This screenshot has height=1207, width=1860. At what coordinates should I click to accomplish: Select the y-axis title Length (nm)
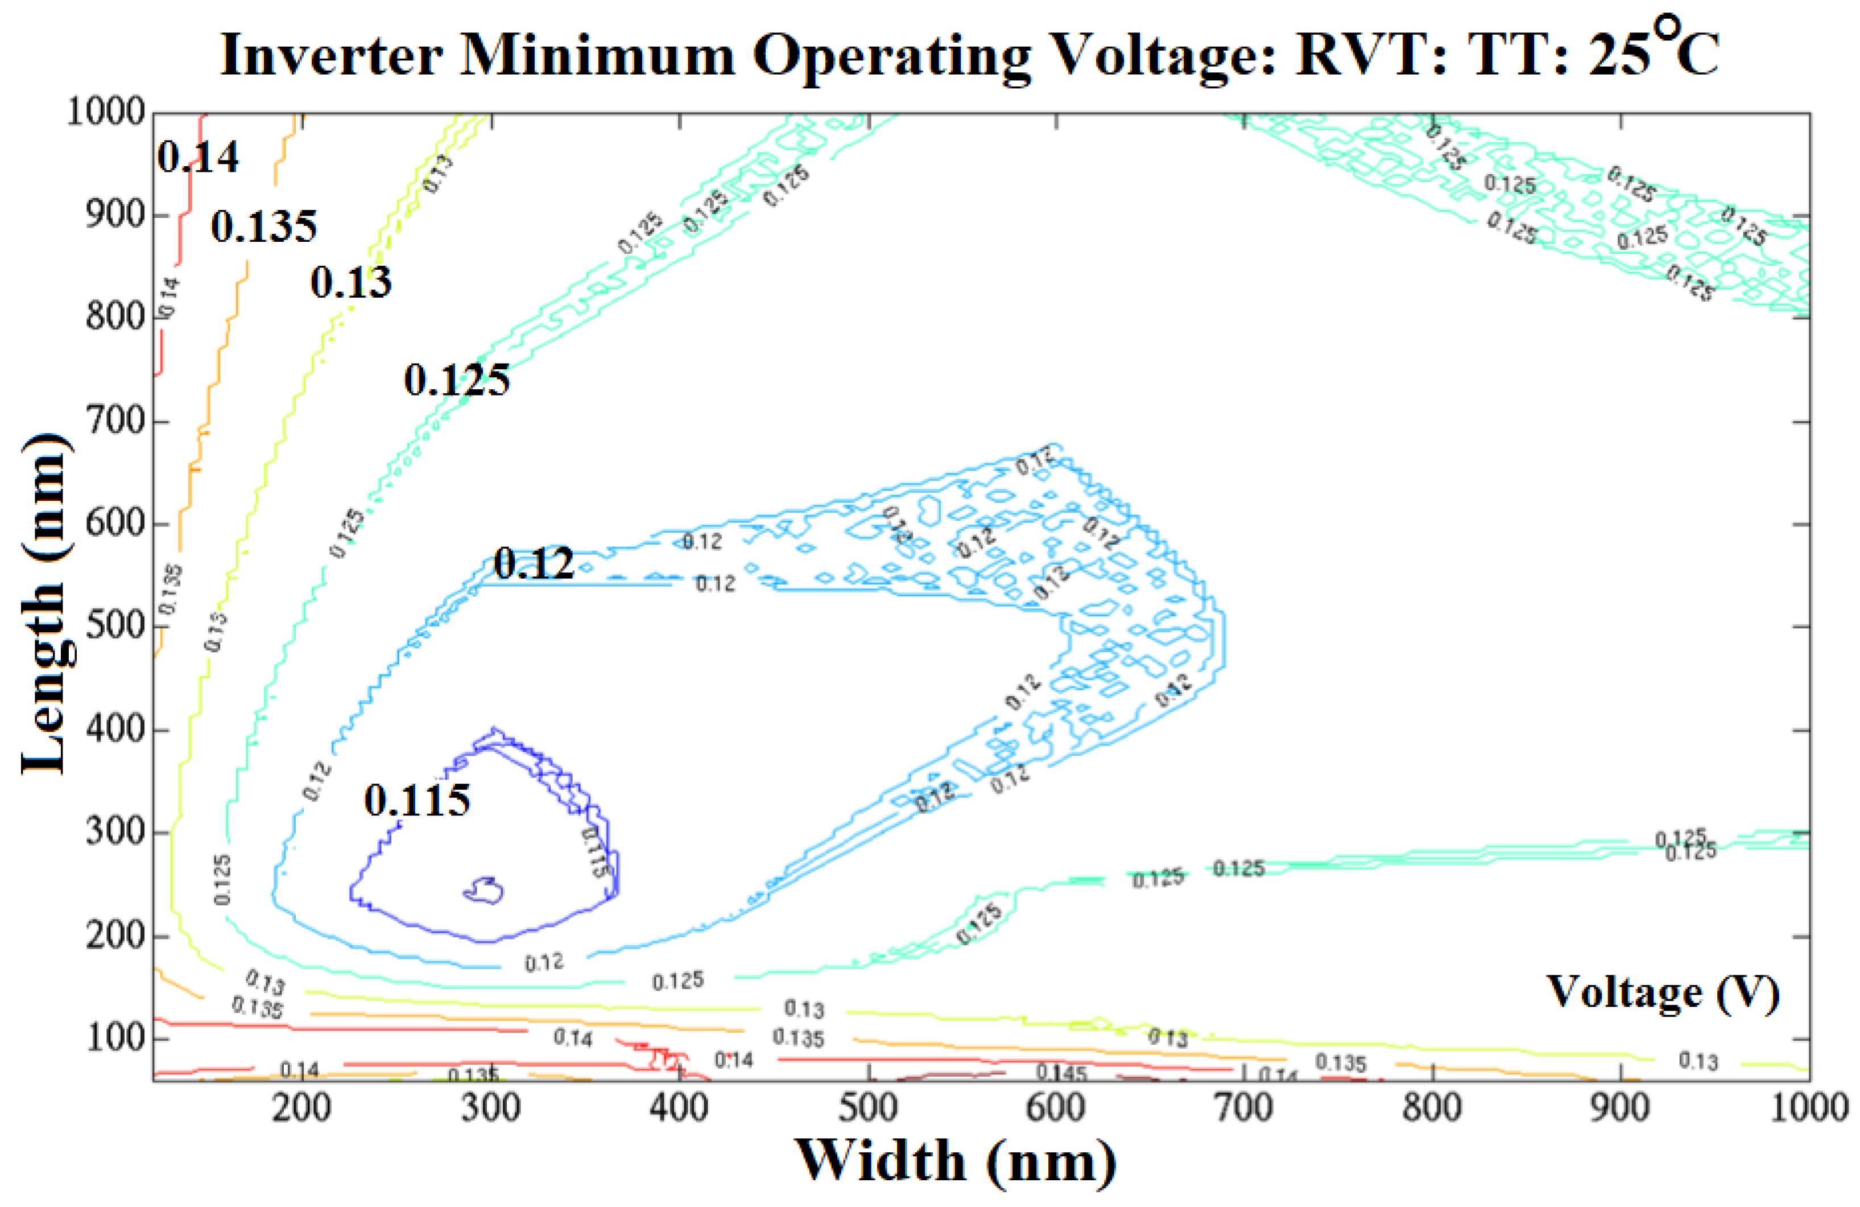tap(46, 602)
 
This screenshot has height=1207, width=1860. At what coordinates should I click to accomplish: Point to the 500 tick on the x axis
tap(867, 1109)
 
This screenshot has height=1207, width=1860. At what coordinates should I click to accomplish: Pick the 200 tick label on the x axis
tap(301, 1109)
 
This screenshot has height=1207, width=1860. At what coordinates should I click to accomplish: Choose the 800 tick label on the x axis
tap(1432, 1109)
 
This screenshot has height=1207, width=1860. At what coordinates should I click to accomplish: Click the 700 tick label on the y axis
tap(115, 421)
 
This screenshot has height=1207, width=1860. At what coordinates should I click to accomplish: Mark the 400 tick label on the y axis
tap(115, 730)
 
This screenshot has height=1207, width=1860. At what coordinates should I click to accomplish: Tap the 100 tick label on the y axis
tap(115, 1039)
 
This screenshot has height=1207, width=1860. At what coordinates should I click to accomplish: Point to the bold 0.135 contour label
tap(264, 226)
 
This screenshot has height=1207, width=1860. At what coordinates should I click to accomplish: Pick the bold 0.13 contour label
tap(351, 282)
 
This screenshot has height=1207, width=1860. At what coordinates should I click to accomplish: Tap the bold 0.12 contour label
tap(534, 563)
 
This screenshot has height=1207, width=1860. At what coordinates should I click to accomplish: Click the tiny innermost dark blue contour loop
tap(485, 891)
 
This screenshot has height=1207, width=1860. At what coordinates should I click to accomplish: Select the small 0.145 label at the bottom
tap(1061, 1072)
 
